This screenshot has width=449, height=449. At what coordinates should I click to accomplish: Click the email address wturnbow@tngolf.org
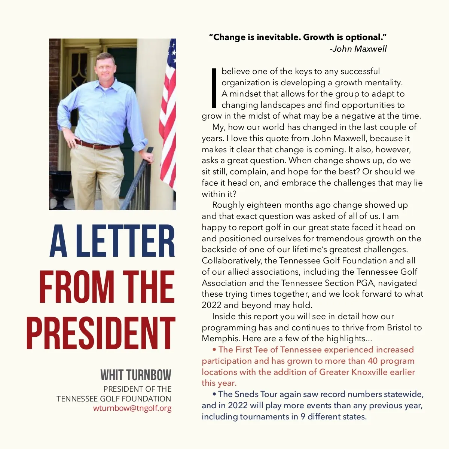click(132, 408)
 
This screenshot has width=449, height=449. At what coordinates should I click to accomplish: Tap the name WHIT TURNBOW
click(136, 375)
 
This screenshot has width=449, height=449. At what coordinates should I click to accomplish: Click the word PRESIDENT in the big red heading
click(101, 333)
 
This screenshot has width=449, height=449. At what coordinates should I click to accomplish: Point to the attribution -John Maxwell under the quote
click(358, 49)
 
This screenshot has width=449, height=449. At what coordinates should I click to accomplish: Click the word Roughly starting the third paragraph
click(228, 205)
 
